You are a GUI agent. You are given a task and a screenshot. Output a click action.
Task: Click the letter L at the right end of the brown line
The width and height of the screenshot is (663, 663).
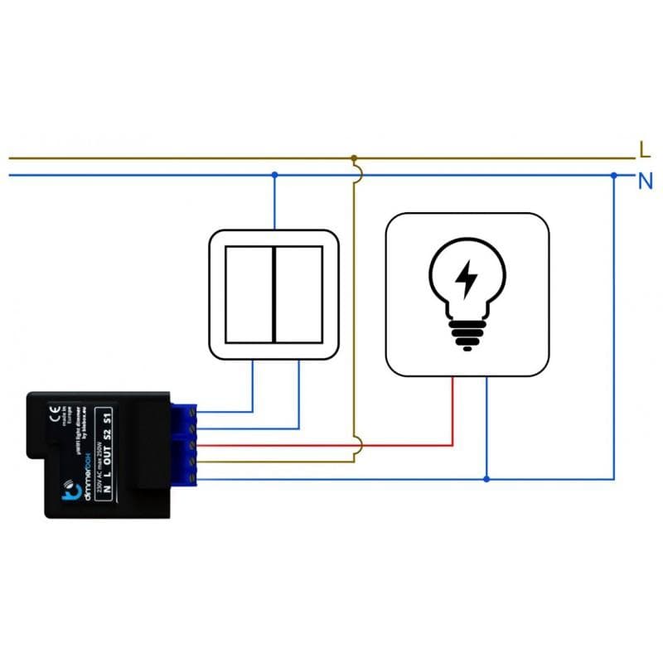point(645,150)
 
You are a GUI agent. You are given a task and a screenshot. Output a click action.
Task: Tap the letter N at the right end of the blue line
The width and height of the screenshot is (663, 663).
point(646,180)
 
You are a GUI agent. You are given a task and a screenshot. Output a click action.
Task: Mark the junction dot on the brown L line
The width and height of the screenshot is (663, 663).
point(354,157)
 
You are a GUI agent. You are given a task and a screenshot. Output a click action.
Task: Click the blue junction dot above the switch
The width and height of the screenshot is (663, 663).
point(274,175)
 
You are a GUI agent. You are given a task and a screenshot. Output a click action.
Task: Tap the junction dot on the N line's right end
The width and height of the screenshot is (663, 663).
point(613,175)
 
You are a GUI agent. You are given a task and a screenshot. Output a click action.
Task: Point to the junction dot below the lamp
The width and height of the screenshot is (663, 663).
point(486,479)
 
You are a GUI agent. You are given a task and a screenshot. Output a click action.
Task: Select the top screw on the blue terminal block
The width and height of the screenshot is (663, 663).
point(193,411)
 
